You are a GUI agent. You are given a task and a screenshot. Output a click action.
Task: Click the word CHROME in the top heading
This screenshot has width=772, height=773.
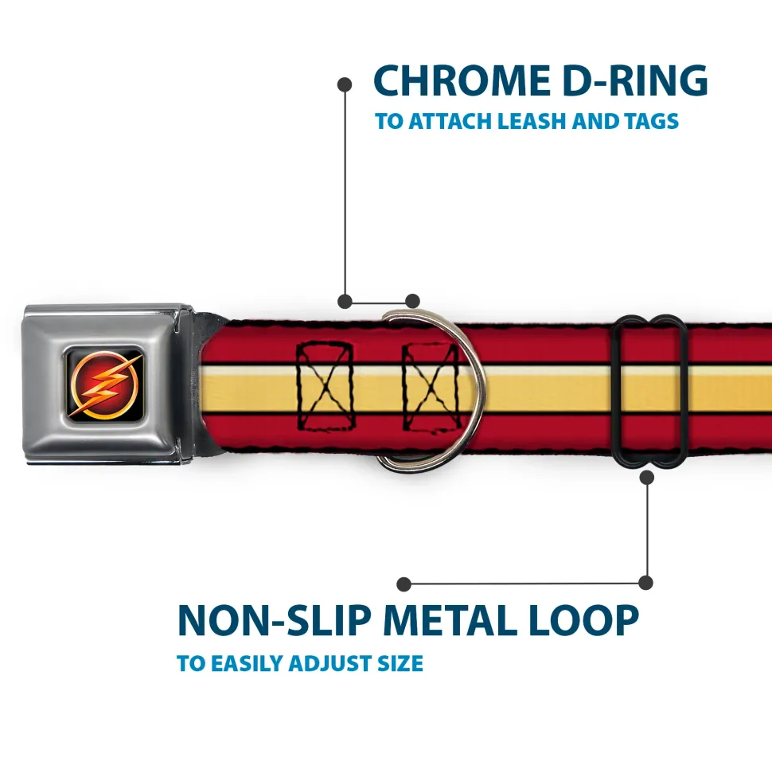pyautogui.click(x=456, y=81)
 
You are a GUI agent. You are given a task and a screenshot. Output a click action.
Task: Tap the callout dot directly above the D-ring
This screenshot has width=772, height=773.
pyautogui.click(x=412, y=301)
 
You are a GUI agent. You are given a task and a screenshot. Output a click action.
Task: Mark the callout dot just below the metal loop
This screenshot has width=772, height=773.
pyautogui.click(x=647, y=477)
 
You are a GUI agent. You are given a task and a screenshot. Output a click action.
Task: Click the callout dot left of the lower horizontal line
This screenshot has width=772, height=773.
pyautogui.click(x=404, y=584)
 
